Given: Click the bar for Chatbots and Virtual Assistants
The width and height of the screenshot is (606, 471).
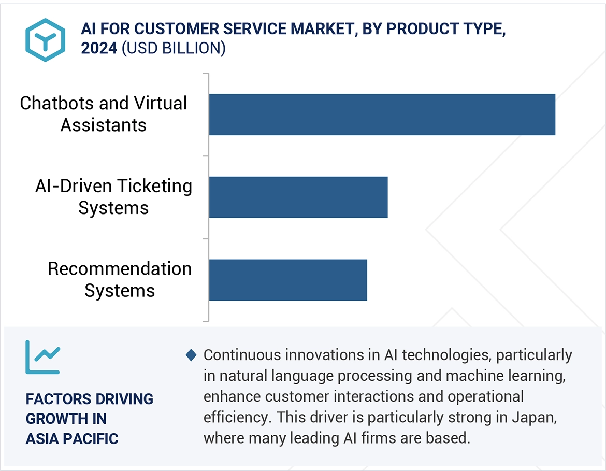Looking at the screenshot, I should pos(382,115).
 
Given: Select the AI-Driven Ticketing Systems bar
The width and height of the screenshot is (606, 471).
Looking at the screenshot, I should pos(298,197).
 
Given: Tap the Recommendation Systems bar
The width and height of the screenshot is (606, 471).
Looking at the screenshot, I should pos(287,280).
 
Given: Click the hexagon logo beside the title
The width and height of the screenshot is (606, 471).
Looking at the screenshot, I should pos(46,40).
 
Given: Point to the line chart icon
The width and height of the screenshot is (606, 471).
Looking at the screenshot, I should pos(43,357).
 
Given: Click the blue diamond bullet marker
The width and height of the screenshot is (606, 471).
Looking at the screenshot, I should pos(191,355).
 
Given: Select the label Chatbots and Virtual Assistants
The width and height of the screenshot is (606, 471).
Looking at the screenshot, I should pos(104,114).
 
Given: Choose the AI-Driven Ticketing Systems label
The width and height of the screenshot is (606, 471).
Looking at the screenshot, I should pos(113,197).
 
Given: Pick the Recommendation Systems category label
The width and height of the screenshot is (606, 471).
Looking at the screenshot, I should pos(120,280).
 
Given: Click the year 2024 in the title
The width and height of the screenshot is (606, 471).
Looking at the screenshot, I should pos(99,48).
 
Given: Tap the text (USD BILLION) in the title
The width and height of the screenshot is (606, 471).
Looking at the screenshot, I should pos(174,48).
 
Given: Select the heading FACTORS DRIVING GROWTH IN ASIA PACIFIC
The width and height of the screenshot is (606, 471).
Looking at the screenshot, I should pos(89,419).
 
